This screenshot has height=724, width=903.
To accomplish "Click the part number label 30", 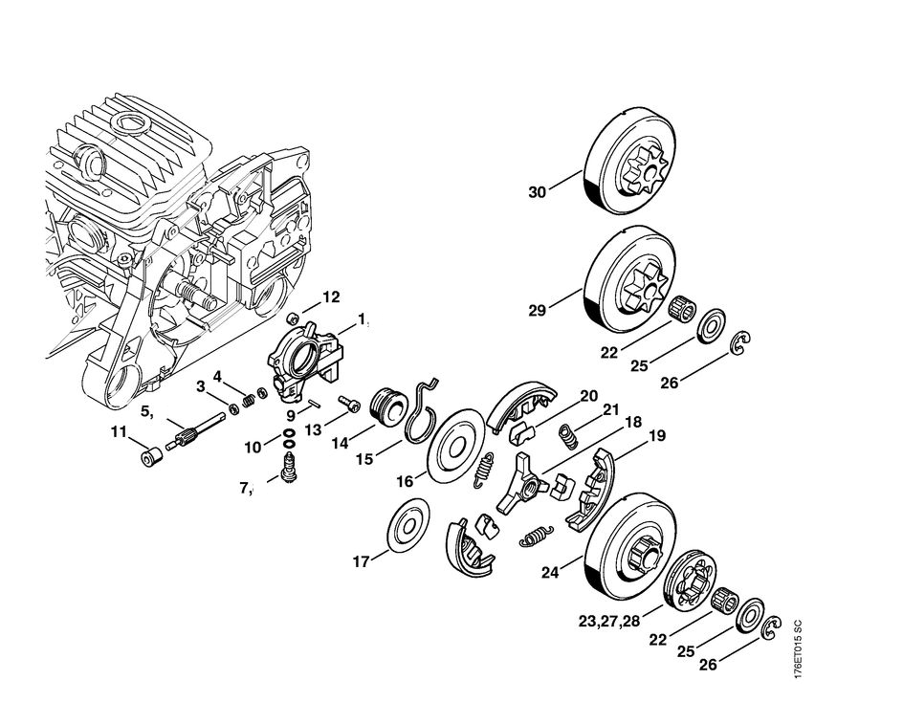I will click(x=537, y=192).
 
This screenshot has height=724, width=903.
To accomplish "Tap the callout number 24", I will click(x=549, y=574).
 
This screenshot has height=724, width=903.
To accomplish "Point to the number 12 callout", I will click(x=331, y=297).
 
